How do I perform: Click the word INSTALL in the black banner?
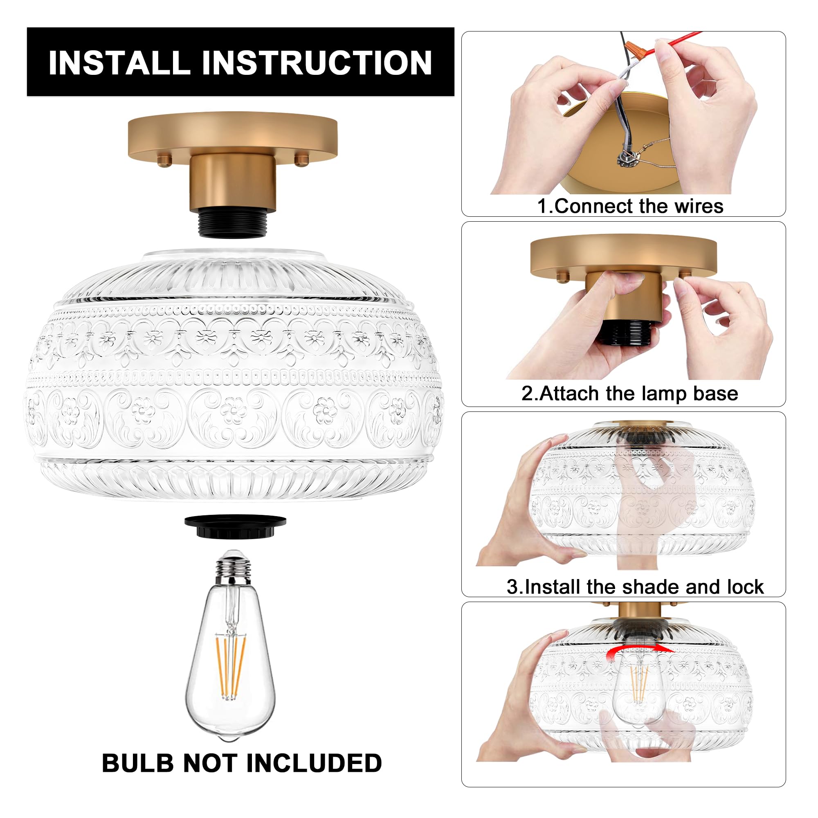pos(119,63)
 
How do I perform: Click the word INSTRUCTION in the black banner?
pos(317,63)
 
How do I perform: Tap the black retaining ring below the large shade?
pos(235,526)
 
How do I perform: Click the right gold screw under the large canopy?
pos(301,160)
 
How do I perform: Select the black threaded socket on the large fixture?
pos(232,226)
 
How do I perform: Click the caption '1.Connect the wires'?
pos(630,206)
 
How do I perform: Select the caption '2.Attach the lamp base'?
pos(629,393)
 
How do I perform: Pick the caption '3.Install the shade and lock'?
pos(635,587)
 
